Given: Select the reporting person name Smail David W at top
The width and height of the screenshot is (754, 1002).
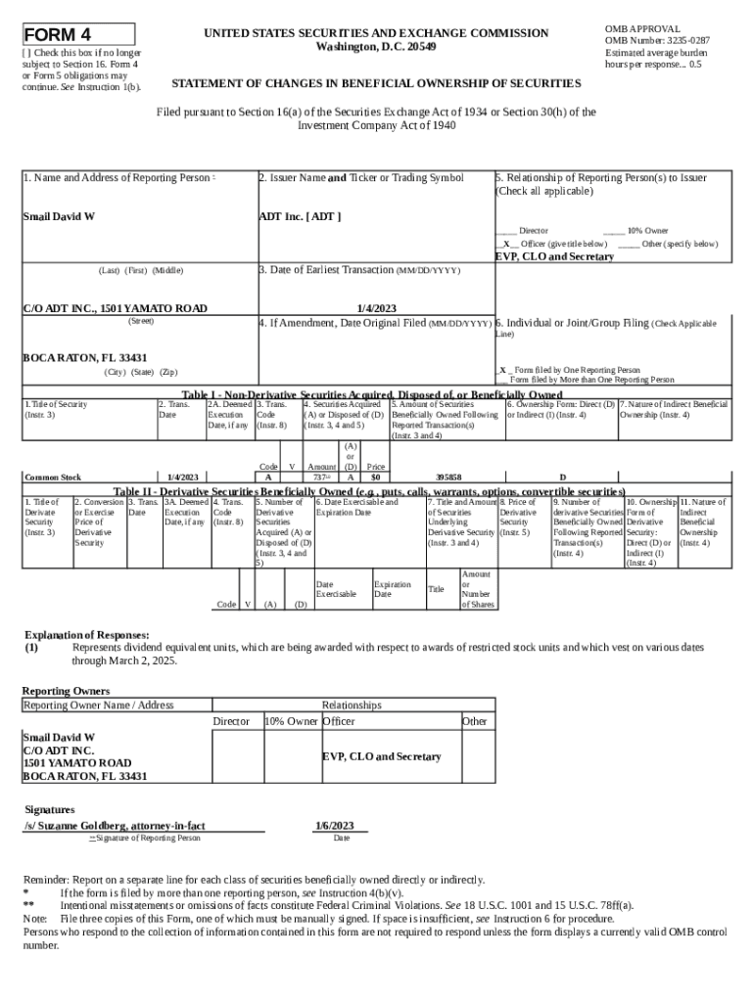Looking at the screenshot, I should (x=59, y=216).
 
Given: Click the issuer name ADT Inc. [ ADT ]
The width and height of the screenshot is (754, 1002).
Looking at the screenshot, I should (x=300, y=216).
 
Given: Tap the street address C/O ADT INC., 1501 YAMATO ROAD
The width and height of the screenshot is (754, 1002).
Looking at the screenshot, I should (x=115, y=308).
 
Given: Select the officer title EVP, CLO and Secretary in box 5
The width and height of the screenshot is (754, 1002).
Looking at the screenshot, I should (x=554, y=256).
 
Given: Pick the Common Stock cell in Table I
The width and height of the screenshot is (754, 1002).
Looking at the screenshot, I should (x=53, y=478).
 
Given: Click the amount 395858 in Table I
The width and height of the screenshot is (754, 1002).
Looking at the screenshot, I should (x=448, y=478).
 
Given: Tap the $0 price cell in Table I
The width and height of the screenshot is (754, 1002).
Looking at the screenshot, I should (x=375, y=478).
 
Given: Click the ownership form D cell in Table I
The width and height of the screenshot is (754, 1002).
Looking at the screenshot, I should (x=562, y=478).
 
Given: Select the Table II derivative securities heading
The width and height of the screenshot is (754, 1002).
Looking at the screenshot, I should (x=369, y=490).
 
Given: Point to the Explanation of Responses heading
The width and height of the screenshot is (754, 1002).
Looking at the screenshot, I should (x=86, y=634).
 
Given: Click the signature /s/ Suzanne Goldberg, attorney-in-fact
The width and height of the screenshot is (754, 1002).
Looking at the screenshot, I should (x=115, y=826).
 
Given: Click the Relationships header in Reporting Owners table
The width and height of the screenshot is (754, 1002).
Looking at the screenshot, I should (x=351, y=705).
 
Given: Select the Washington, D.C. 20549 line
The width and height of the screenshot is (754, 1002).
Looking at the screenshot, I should (x=376, y=47).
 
